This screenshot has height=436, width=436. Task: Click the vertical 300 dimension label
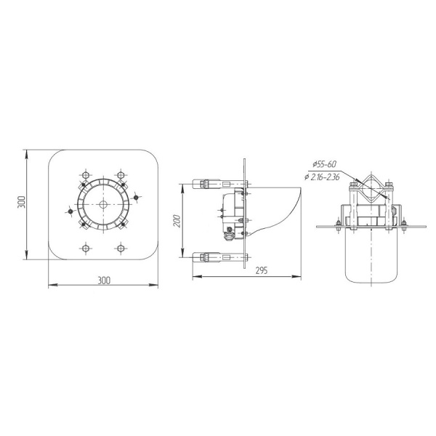pos(22,202)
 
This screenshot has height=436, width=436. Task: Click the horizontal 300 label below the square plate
pos(104,280)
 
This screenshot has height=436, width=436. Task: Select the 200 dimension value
pos(178,221)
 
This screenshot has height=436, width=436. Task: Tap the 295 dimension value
pos(261,270)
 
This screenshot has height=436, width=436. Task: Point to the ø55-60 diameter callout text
pos(324,164)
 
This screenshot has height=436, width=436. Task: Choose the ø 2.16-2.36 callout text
pos(322,177)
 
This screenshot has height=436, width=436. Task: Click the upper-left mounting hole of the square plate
pos(86,175)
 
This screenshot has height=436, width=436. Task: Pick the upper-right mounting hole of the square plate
pos(121,175)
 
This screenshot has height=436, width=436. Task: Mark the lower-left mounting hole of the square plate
pos(86,248)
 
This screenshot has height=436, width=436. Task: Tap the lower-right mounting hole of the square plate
pos(121,248)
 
